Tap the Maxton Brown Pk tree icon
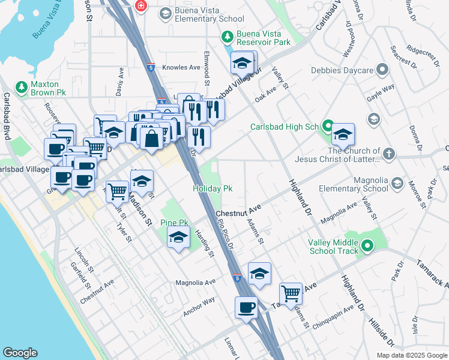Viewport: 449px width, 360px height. click(x=22, y=88)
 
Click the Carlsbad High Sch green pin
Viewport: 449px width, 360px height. click(x=327, y=126)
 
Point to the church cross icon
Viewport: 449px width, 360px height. click(x=389, y=154)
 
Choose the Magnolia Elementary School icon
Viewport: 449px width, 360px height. click(x=396, y=183)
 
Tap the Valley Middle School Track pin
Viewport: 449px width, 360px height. click(x=366, y=245)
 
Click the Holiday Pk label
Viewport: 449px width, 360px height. click(x=212, y=188)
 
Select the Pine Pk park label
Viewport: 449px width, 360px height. click(x=175, y=223)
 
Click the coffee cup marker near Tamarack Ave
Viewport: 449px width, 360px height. click(x=246, y=308)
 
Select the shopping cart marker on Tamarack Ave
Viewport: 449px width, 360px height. click(x=291, y=293)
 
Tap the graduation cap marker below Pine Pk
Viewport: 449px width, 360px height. click(x=178, y=239)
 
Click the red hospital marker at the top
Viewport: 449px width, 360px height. click(x=141, y=6)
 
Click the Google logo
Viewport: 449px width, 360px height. click(x=20, y=353)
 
